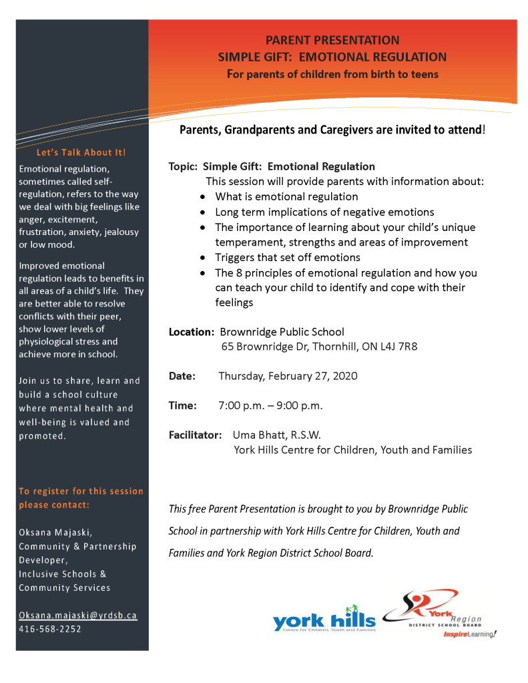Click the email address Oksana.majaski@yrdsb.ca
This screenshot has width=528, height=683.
[78, 615]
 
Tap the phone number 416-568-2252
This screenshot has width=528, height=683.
[50, 628]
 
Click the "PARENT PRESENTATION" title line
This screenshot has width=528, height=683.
[332, 41]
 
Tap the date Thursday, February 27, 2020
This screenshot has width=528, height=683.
[288, 376]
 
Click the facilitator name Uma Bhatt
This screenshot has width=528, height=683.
[257, 435]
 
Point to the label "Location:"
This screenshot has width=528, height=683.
[192, 331]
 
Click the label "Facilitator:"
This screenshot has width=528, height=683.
[195, 435]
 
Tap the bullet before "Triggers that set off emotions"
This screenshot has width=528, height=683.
[203, 258]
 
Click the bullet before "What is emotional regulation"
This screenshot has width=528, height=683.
[203, 197]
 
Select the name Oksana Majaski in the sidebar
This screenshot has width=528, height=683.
[55, 532]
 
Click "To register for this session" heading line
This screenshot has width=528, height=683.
[81, 491]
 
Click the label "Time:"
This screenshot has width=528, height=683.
[182, 405]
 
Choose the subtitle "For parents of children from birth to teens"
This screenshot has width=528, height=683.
[332, 74]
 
